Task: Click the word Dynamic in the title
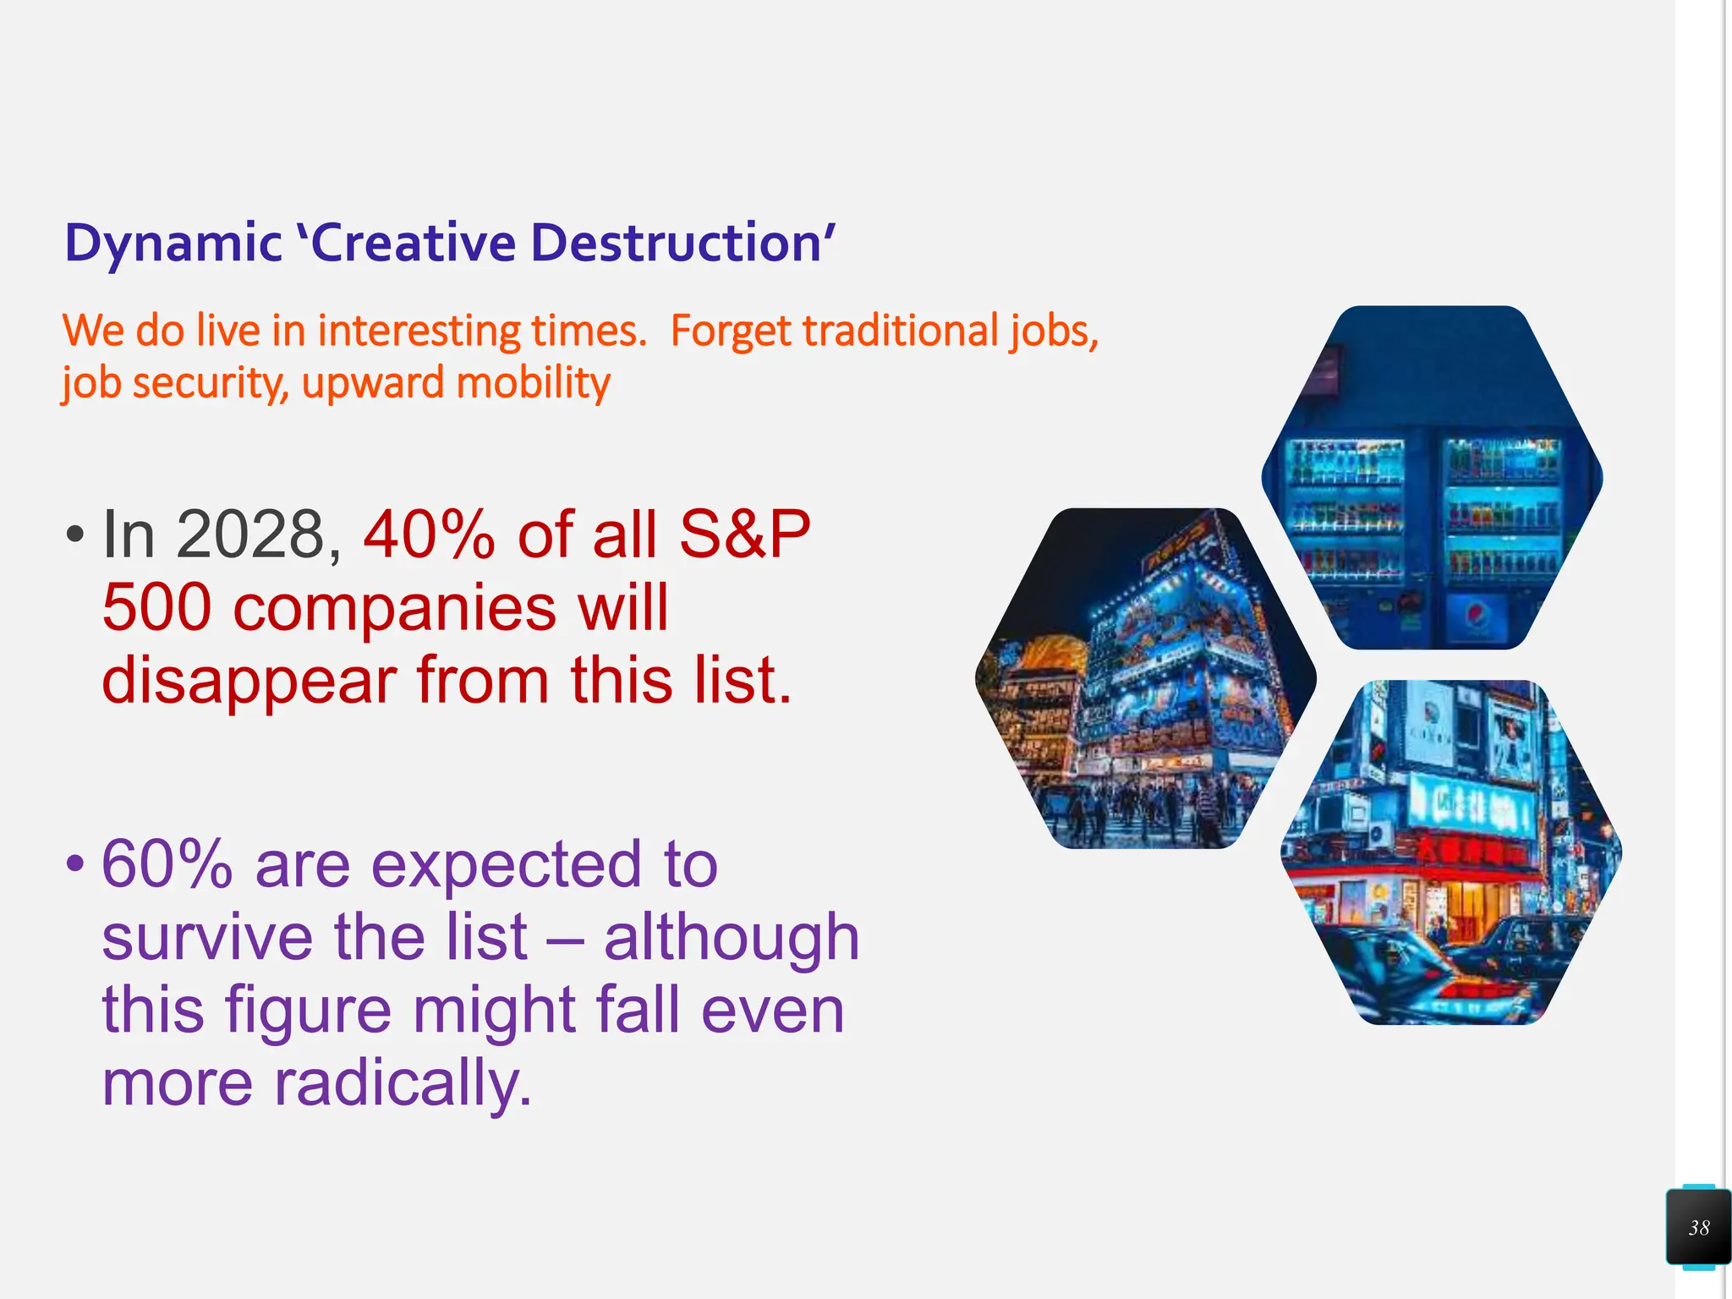coord(173,244)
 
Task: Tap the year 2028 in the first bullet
coord(250,534)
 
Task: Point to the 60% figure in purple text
coord(167,864)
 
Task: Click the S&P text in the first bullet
coord(744,534)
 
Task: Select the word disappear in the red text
coord(249,680)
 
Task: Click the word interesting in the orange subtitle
coord(419,331)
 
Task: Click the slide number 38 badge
coord(1698,1227)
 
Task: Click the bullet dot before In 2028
coord(75,534)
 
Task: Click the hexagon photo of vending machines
coord(1432,478)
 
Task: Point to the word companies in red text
coord(394,607)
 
